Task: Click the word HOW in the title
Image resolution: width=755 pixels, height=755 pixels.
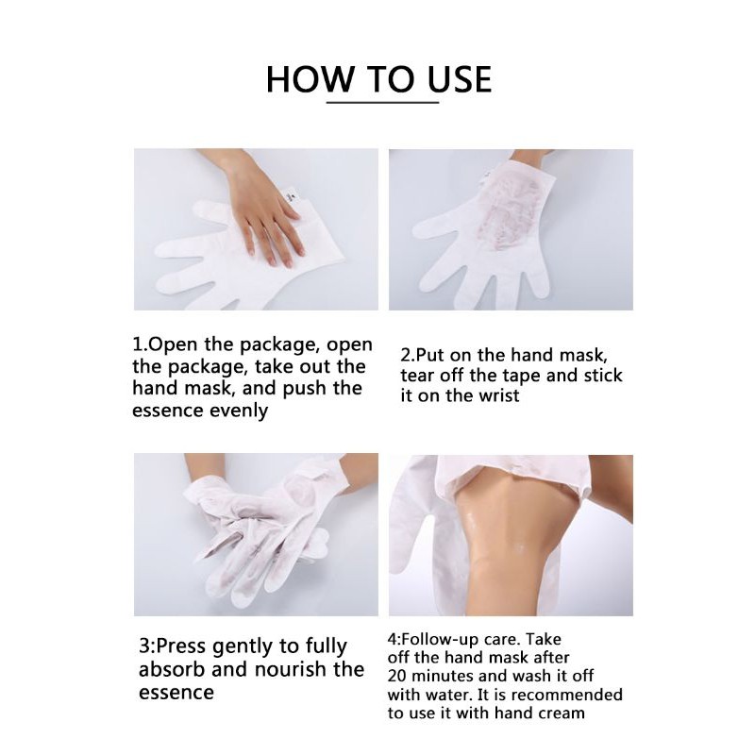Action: click(310, 79)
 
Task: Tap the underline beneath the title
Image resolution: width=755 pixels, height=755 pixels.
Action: click(383, 102)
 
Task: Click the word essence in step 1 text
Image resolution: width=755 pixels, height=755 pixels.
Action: click(166, 411)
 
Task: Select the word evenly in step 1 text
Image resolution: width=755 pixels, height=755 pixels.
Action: click(238, 411)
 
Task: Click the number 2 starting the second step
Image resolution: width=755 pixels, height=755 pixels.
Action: click(406, 356)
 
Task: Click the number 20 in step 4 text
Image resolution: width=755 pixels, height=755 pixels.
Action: click(396, 676)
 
